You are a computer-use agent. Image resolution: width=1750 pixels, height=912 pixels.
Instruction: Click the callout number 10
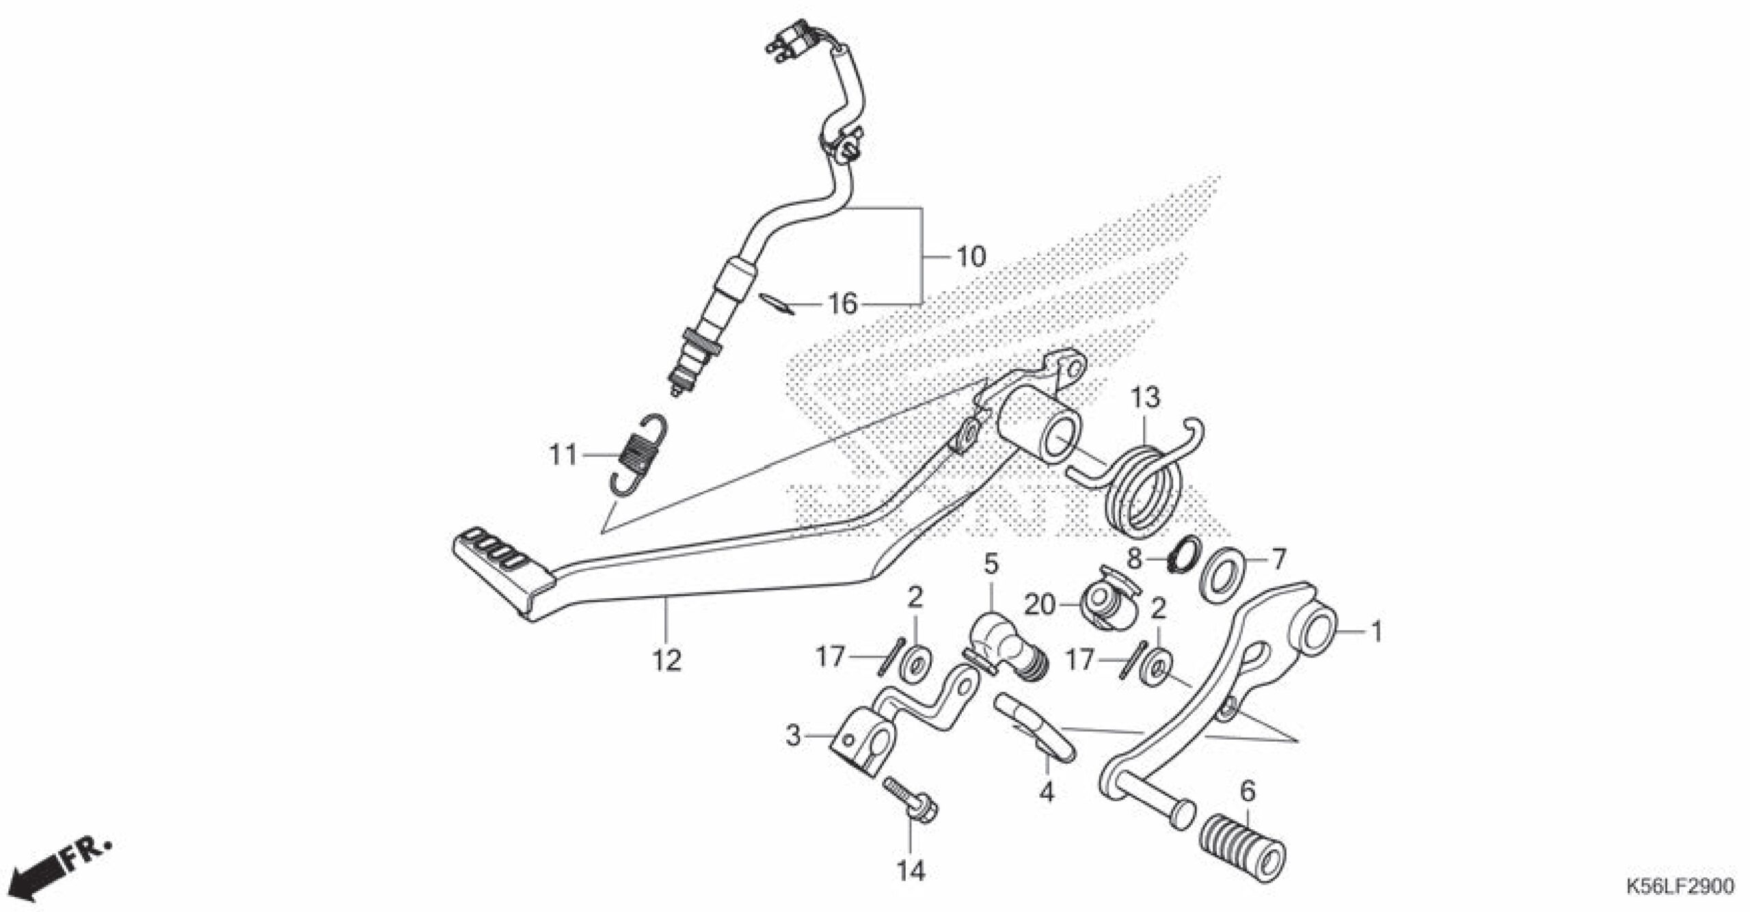[970, 257]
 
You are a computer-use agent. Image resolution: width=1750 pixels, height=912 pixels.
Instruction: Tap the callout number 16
[842, 304]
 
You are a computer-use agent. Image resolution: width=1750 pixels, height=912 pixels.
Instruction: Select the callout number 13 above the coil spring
[1145, 397]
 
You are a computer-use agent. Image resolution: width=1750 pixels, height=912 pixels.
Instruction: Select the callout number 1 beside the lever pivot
[1377, 631]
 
